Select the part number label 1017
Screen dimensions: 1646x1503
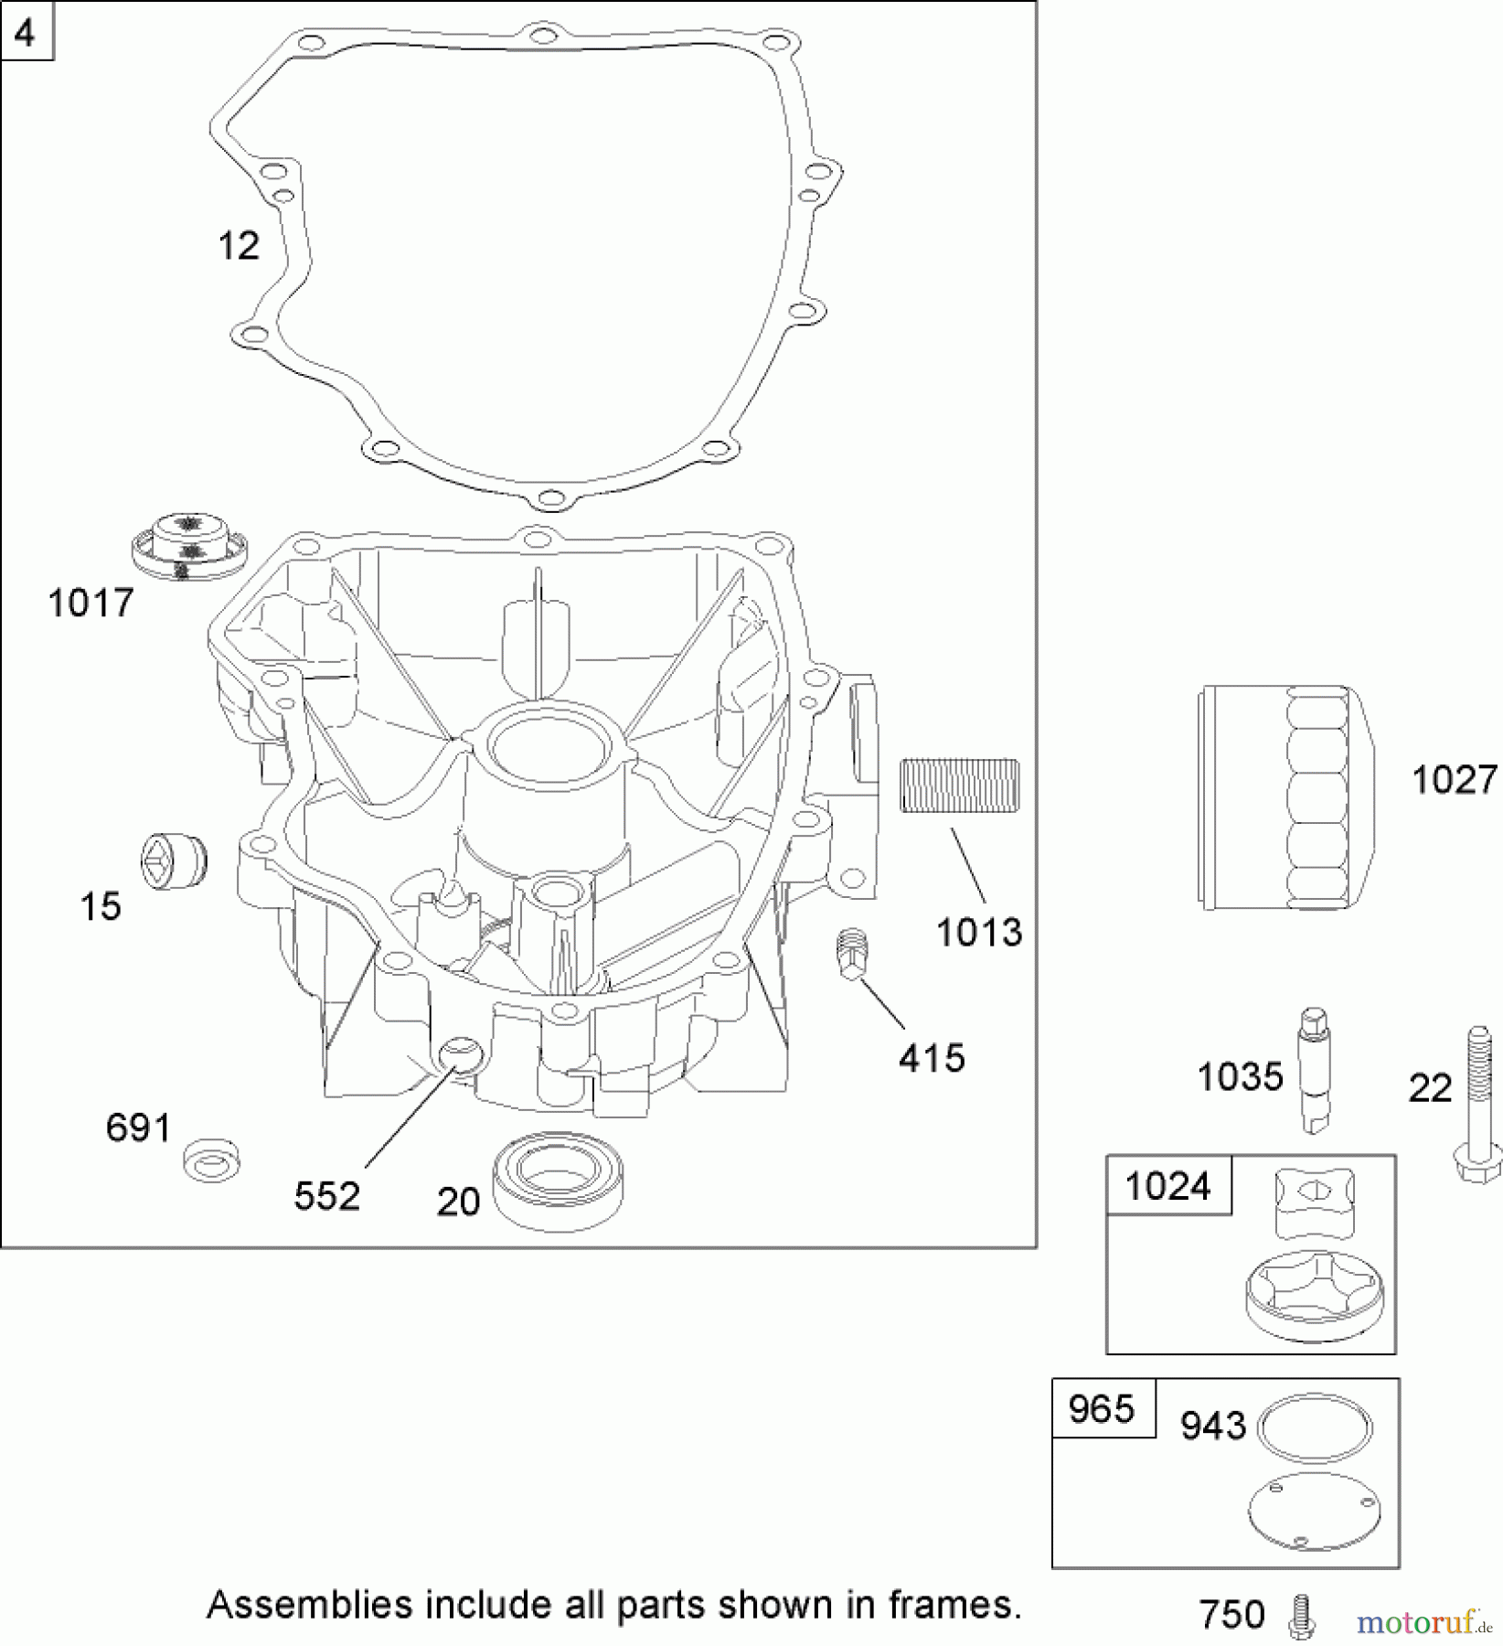click(91, 604)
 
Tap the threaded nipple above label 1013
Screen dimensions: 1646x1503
click(959, 786)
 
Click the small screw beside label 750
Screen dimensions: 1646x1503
click(1302, 1616)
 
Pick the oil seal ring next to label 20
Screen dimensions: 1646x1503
click(557, 1181)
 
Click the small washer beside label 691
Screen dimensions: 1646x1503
click(212, 1160)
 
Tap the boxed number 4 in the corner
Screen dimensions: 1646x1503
click(26, 32)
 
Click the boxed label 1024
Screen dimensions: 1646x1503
click(1167, 1186)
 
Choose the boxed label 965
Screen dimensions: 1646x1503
click(1102, 1409)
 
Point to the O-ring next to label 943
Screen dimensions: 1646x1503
click(1315, 1425)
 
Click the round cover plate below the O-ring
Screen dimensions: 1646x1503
click(1314, 1512)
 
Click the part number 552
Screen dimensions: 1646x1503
click(326, 1195)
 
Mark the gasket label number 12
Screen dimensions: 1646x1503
click(239, 246)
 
